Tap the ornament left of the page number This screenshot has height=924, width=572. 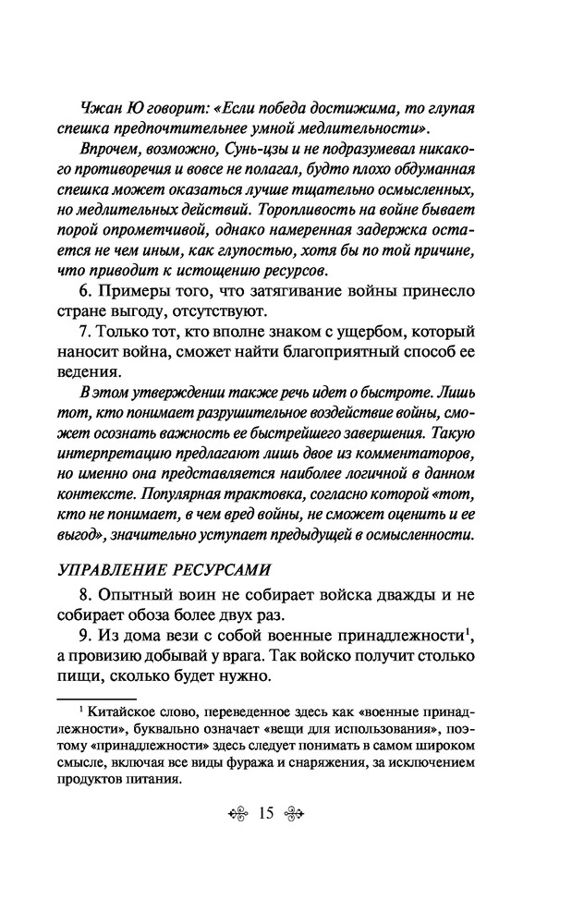pyautogui.click(x=235, y=814)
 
